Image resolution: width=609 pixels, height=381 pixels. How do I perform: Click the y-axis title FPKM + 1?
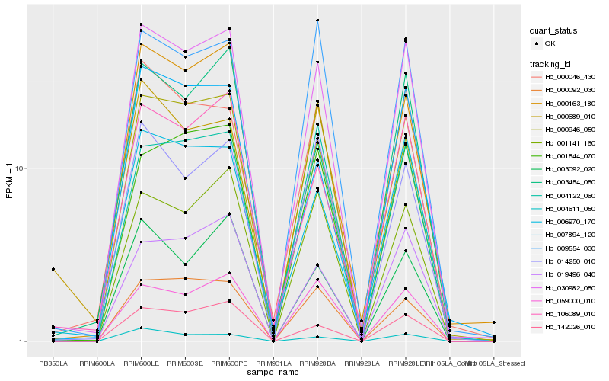point(9,181)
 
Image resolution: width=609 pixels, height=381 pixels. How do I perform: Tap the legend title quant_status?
point(553,31)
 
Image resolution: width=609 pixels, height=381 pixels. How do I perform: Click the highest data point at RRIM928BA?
point(317,21)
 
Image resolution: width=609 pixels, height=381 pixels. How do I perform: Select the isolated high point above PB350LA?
point(53,269)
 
